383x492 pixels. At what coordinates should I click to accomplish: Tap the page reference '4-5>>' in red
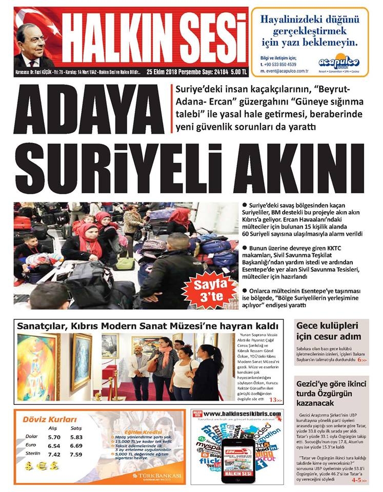click(x=360, y=480)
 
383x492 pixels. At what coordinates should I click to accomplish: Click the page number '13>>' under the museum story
click(x=276, y=400)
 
